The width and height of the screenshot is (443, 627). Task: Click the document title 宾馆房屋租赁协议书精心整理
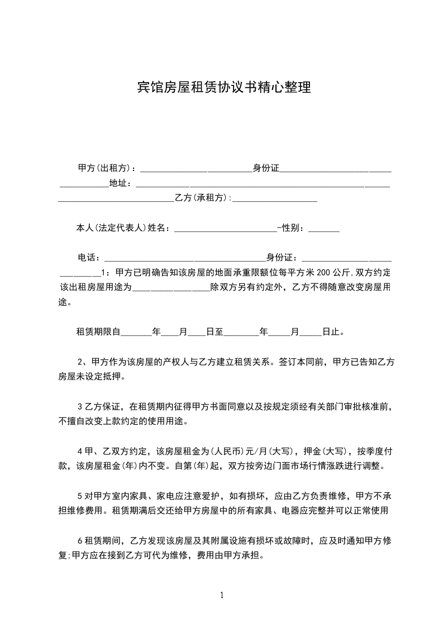(223, 88)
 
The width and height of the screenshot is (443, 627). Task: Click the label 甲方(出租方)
(105, 168)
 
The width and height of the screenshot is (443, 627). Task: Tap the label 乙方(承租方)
(202, 198)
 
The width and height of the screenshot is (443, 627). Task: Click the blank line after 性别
(323, 228)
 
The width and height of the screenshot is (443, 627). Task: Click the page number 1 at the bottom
(222, 595)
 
